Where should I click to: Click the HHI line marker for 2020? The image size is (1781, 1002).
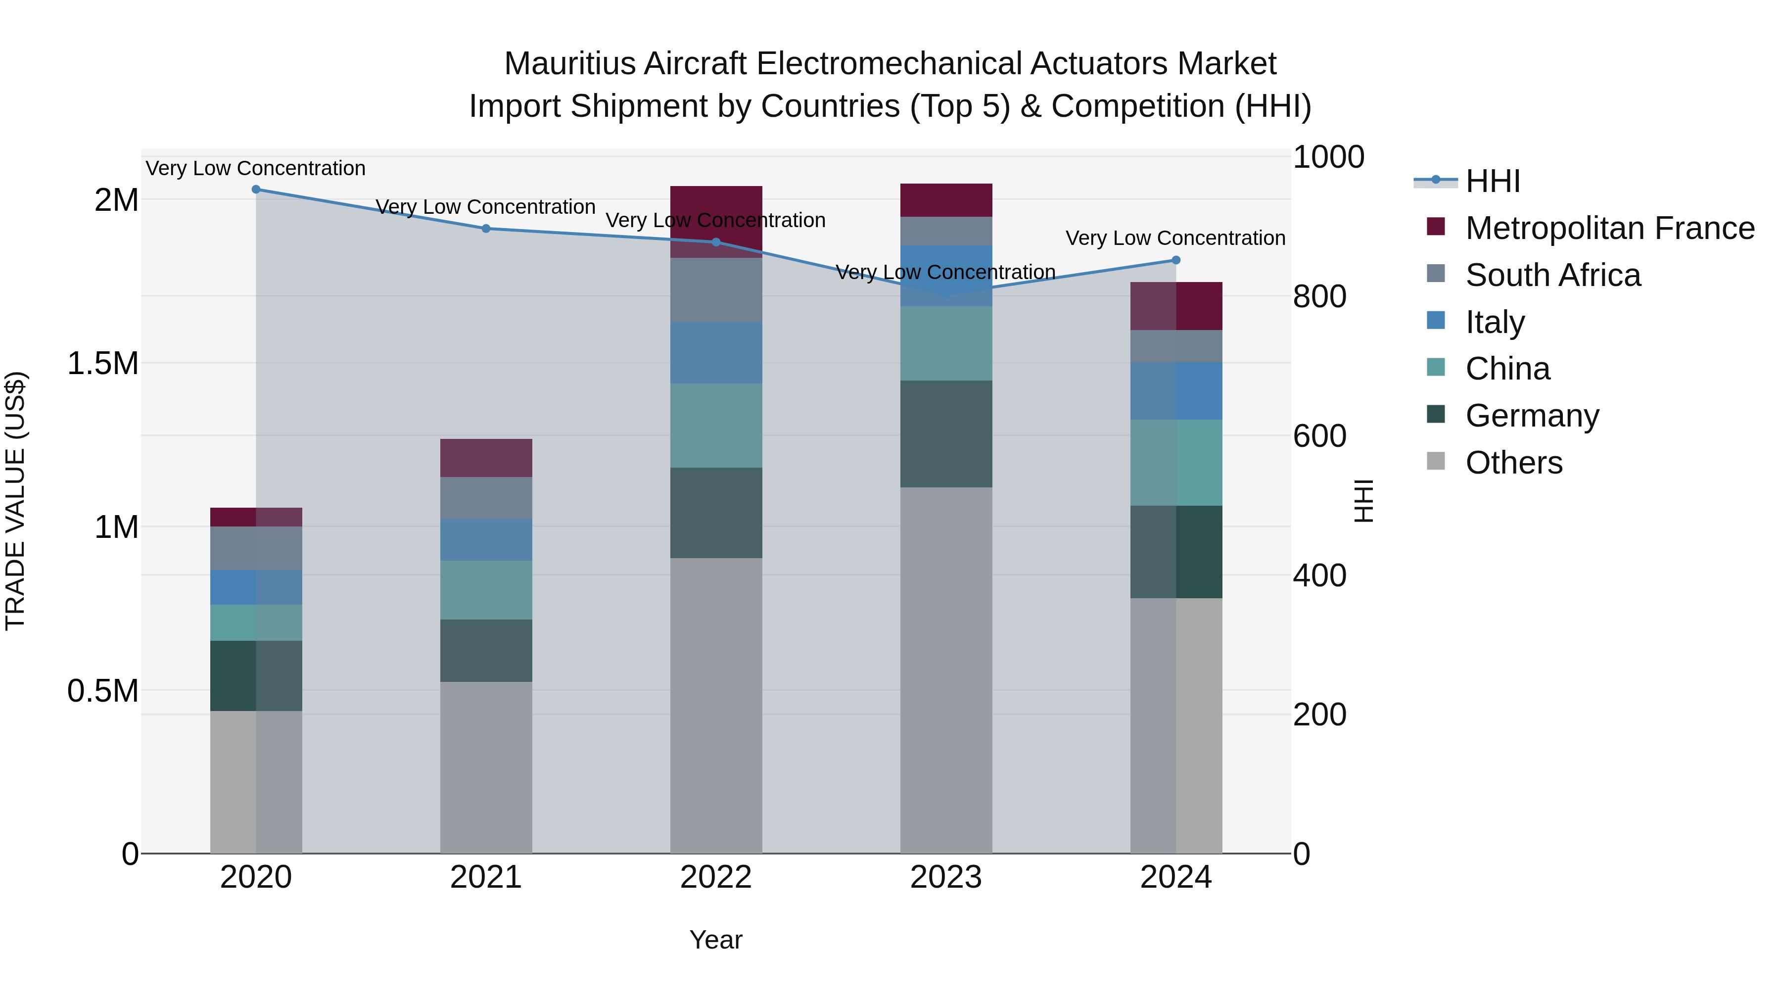tap(256, 189)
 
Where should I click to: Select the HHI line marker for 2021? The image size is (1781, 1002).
tap(486, 228)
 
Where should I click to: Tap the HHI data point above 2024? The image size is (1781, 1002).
tap(1176, 260)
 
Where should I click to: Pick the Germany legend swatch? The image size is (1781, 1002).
tap(1436, 414)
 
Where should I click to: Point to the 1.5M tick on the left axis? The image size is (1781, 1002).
tap(102, 363)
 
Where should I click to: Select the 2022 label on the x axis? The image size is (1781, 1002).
tap(715, 877)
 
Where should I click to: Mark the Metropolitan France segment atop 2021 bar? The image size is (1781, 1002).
tap(486, 458)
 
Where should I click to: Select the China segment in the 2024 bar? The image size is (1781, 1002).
tap(1176, 462)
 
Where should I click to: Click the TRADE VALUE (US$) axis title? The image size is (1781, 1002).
tap(15, 501)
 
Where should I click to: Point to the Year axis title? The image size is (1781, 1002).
tap(715, 940)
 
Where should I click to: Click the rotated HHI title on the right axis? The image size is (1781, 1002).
tap(1363, 501)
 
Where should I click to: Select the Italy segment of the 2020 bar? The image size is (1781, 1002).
tap(256, 587)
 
